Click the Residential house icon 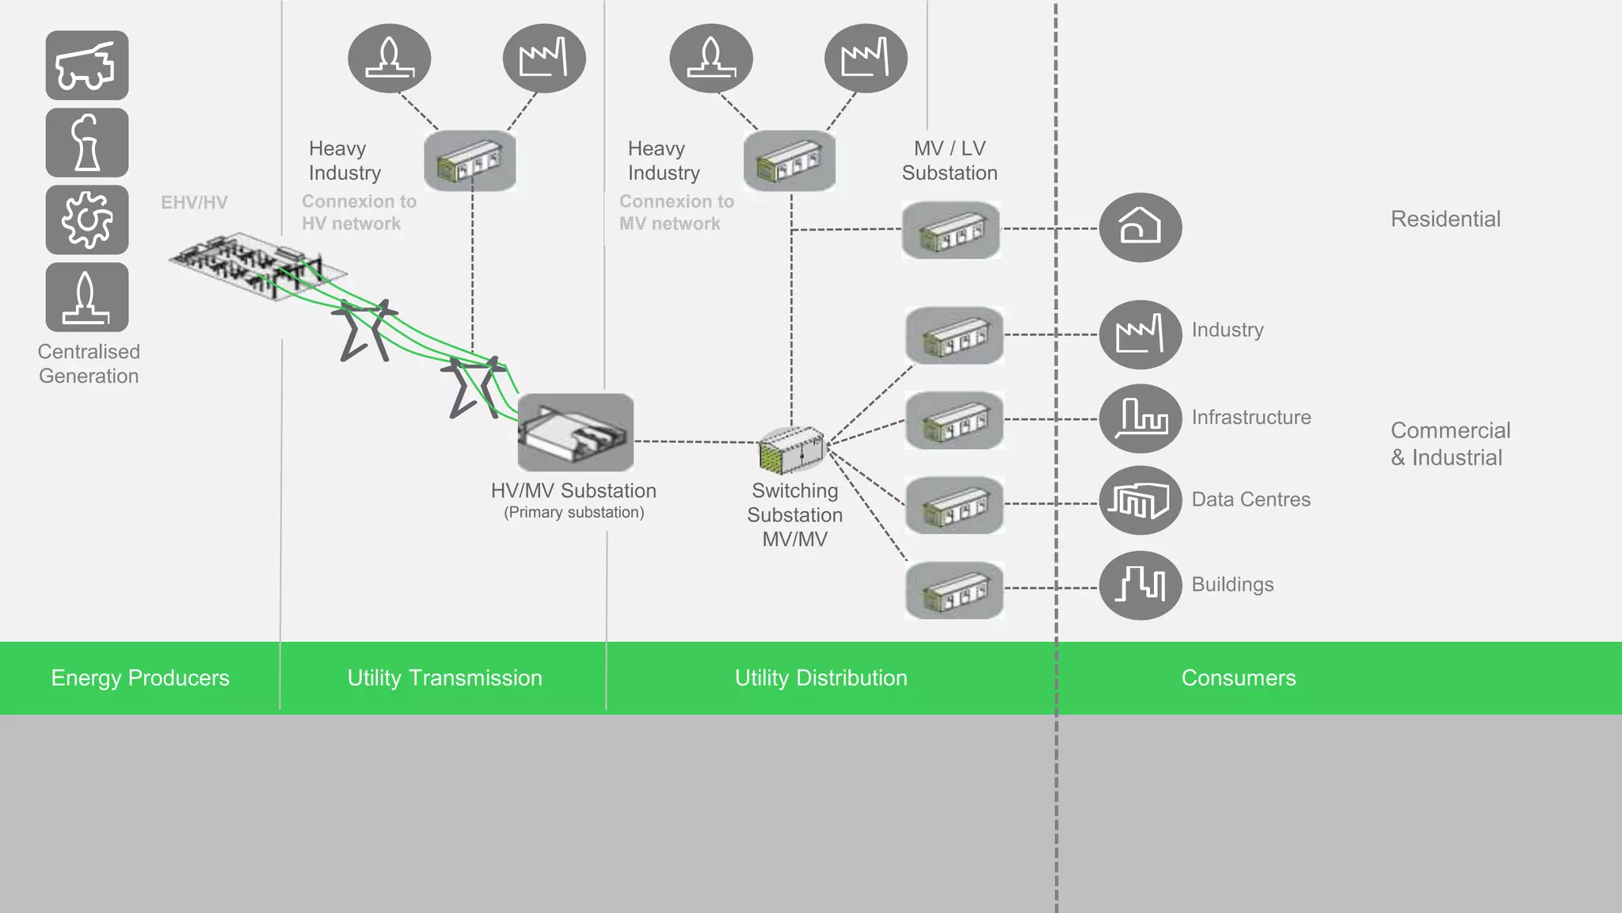(x=1140, y=227)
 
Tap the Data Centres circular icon (x=1140, y=500)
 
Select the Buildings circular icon (x=1140, y=585)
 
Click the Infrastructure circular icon (x=1140, y=418)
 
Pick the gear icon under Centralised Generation (x=87, y=220)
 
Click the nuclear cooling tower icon (x=87, y=143)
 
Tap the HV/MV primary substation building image (x=576, y=433)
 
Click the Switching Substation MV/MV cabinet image (x=791, y=449)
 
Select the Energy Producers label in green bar (x=140, y=678)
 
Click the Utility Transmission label (x=444, y=678)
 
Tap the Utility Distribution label (x=821, y=678)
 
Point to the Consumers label (x=1238, y=678)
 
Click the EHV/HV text (x=194, y=203)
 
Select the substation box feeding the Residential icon (x=950, y=230)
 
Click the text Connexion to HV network (x=359, y=212)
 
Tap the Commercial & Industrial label (x=1449, y=444)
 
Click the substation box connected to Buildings (x=954, y=590)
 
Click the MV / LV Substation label (x=949, y=160)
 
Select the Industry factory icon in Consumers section (x=1140, y=334)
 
